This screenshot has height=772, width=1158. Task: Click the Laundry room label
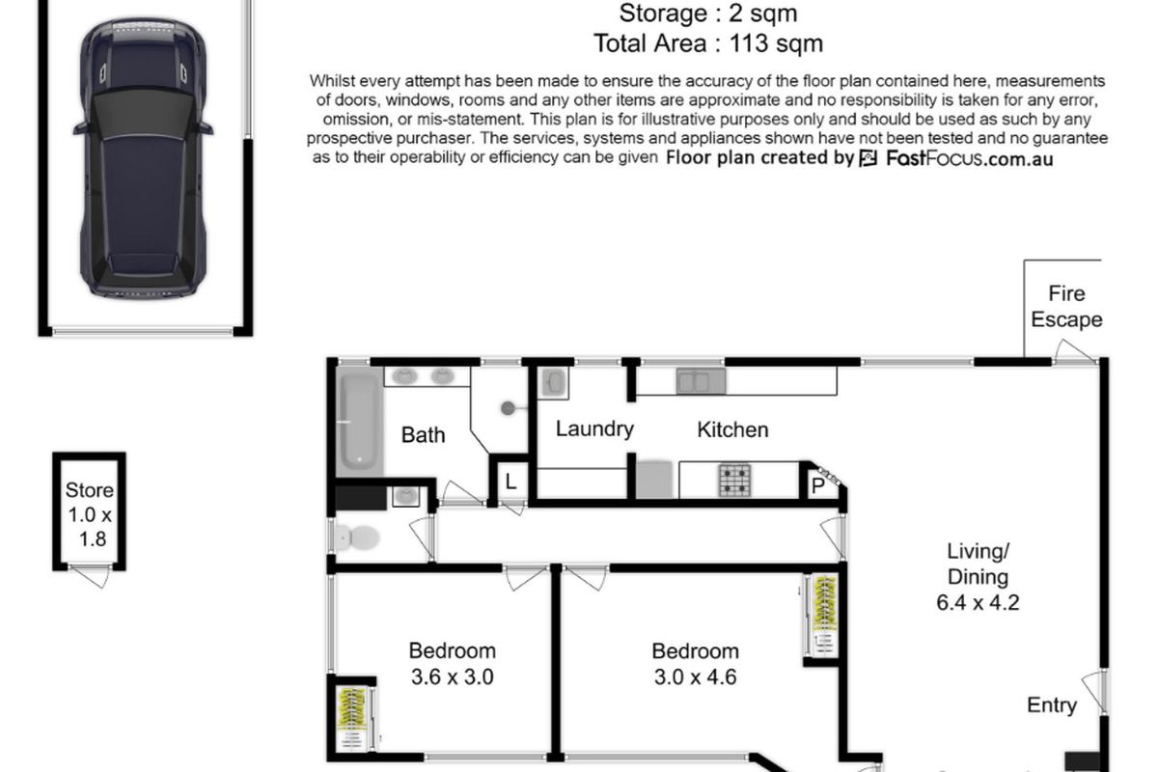click(x=594, y=429)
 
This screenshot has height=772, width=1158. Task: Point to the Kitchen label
click(x=732, y=429)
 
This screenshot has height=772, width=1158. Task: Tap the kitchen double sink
click(x=699, y=382)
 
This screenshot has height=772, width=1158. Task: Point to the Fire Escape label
click(x=1066, y=306)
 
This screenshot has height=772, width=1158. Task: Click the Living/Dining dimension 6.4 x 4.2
click(x=978, y=604)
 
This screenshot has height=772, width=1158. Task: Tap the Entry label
click(x=1051, y=705)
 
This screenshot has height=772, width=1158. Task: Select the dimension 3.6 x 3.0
click(x=452, y=676)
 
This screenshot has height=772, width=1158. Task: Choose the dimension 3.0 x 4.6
click(x=695, y=676)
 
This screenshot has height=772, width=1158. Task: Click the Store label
click(x=89, y=490)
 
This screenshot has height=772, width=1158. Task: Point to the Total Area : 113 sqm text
click(x=708, y=42)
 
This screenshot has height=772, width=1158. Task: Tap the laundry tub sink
click(x=555, y=382)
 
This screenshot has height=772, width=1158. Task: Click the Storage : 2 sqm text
click(x=708, y=14)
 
